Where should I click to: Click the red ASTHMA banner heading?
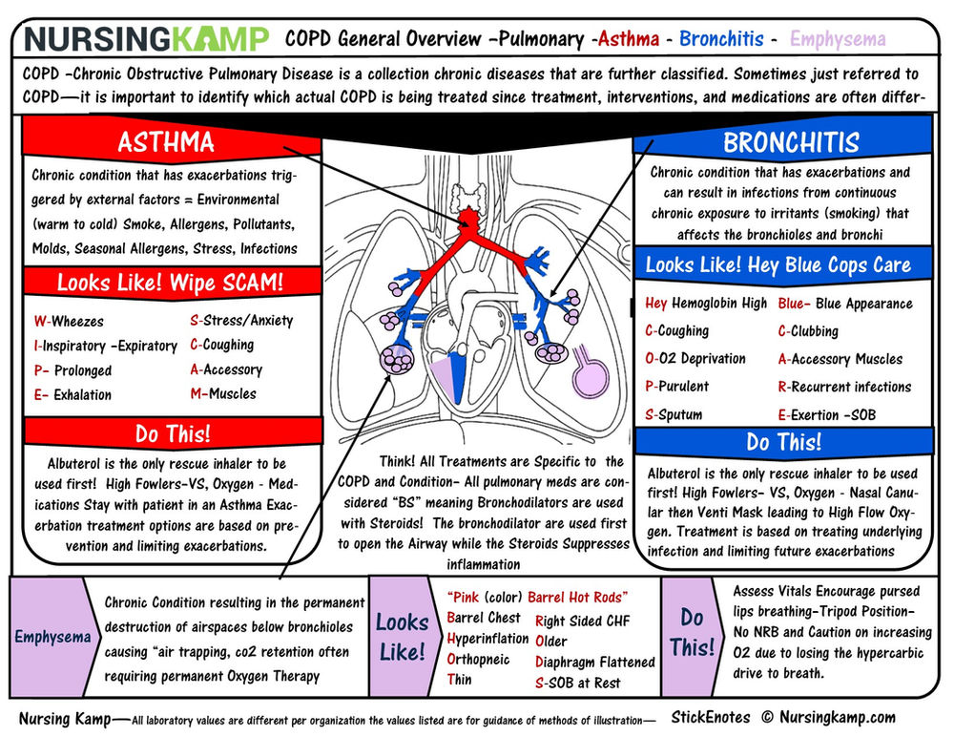(x=165, y=142)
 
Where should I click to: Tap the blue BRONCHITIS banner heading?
(x=791, y=142)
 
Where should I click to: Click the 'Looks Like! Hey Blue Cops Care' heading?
(x=778, y=264)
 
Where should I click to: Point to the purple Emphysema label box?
(x=52, y=636)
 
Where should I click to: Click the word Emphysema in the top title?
(x=838, y=40)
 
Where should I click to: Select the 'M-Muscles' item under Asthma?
(x=225, y=393)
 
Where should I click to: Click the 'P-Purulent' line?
(x=676, y=387)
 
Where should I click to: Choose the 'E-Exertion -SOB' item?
(x=826, y=414)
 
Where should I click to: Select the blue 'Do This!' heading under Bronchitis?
(x=783, y=442)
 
